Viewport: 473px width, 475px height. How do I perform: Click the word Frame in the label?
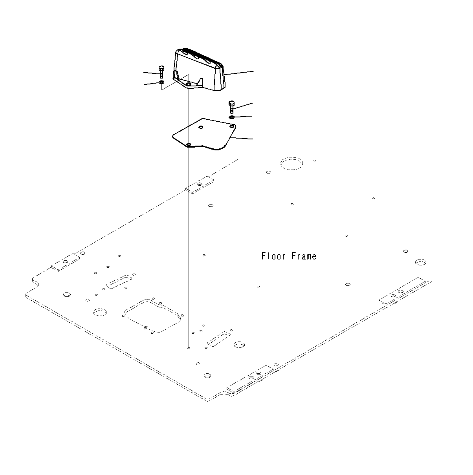coord(304,256)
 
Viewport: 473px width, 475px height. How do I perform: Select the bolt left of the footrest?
coord(161,71)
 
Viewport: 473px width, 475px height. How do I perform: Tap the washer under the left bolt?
coord(161,82)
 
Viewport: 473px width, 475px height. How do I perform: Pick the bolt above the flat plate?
coord(231,106)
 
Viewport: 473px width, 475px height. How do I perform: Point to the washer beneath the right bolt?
coord(232,117)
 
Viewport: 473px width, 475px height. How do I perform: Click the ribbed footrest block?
coord(200,71)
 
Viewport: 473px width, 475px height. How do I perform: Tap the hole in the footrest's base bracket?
coord(189,84)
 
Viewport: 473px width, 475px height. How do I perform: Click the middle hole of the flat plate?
coord(201,127)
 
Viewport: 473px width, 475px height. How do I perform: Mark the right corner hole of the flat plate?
coord(232,126)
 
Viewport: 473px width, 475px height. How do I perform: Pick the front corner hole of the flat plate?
coord(189,145)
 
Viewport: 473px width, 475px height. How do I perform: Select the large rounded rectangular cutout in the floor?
coord(152,316)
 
